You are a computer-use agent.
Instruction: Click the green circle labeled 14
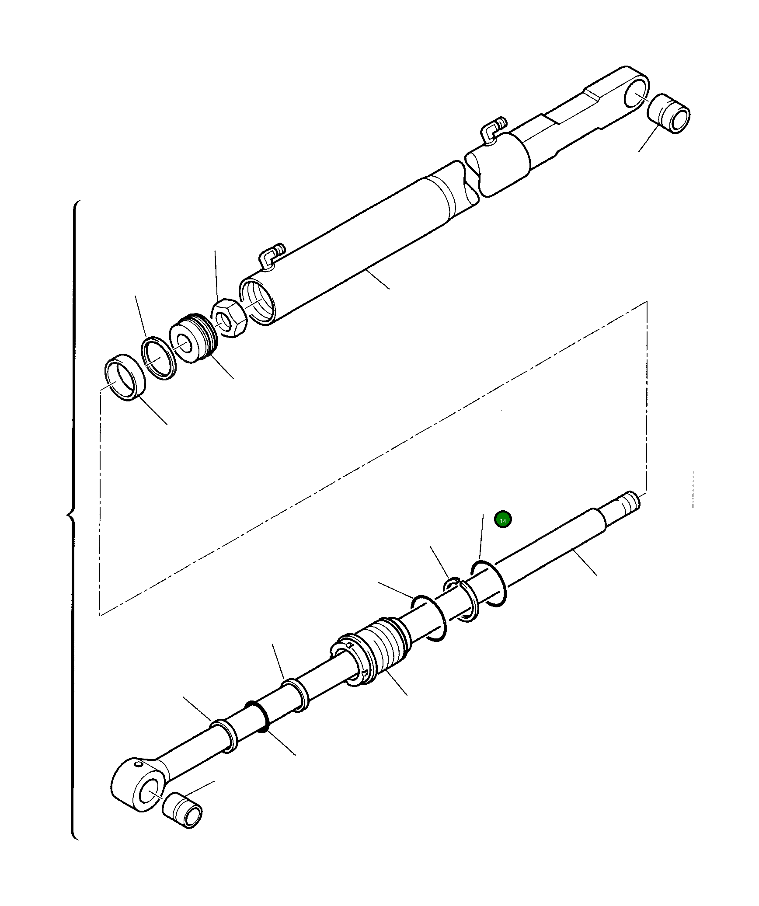pyautogui.click(x=503, y=520)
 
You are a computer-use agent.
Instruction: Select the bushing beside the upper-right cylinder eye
pyautogui.click(x=668, y=113)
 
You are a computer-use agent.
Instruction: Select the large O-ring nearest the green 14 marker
pyautogui.click(x=489, y=584)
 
